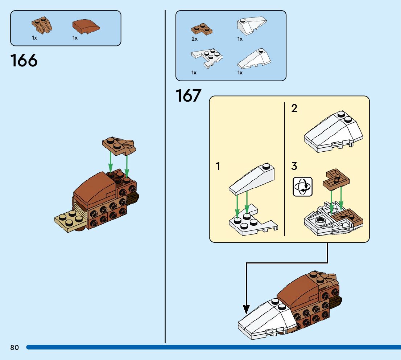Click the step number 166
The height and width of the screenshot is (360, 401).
coord(24,61)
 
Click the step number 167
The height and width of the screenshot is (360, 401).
coord(188,96)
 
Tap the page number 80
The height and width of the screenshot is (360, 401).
coord(15,348)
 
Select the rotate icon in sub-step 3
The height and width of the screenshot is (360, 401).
coord(302,187)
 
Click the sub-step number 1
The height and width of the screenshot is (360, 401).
coord(218,167)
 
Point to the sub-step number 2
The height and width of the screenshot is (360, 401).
coord(294,108)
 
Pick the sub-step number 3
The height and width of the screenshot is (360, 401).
coord(294,167)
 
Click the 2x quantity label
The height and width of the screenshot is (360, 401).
coord(195,39)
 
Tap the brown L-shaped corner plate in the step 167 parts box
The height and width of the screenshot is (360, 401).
coord(202,29)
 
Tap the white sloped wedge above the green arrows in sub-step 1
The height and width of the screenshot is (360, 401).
coord(252,180)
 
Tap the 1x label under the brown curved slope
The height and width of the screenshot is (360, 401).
coord(75,38)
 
